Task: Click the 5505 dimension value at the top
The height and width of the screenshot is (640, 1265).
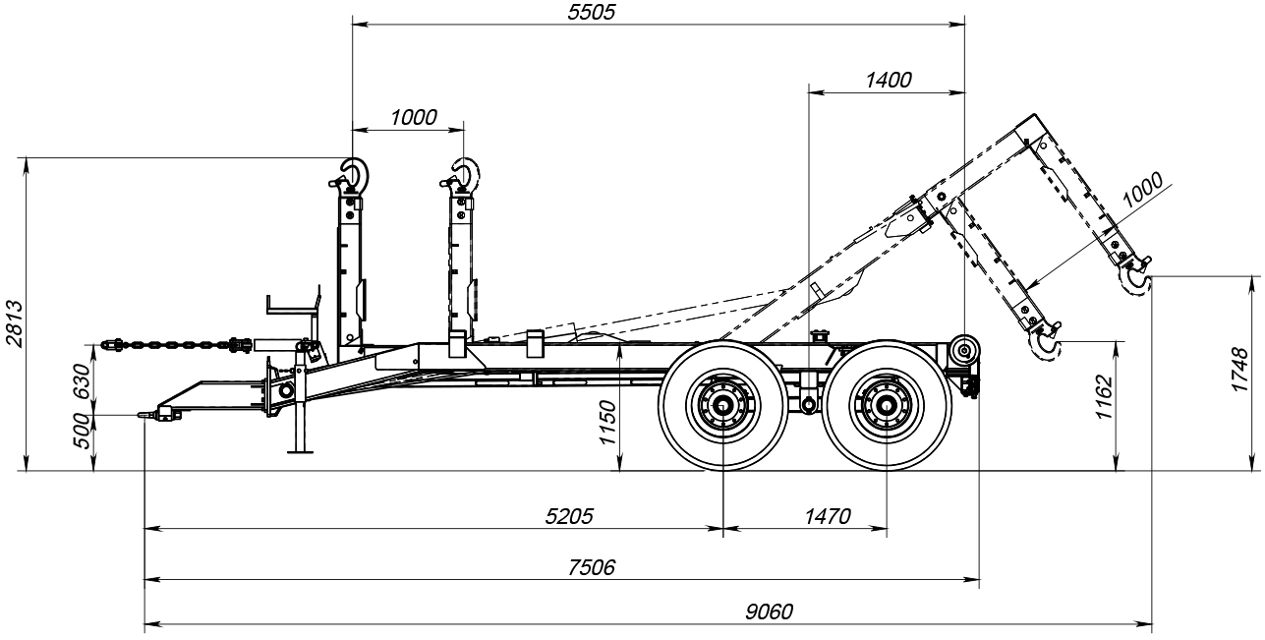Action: [591, 12]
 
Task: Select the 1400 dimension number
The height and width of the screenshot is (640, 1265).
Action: [888, 81]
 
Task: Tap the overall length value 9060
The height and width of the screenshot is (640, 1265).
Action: [769, 611]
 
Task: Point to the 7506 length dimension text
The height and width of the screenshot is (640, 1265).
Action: [591, 566]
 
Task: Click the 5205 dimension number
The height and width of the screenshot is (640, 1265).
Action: [569, 516]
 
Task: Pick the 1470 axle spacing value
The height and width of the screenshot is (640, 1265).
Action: [827, 516]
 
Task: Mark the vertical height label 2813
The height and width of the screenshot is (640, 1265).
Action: [14, 323]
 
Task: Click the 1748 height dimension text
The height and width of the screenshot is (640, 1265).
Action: [1239, 370]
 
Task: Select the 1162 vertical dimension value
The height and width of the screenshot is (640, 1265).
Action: [1104, 397]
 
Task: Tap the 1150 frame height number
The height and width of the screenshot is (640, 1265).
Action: [607, 422]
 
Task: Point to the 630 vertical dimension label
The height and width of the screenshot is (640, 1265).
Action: [82, 381]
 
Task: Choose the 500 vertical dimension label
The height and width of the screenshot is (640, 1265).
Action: [82, 431]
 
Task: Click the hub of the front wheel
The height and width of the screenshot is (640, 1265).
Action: [722, 405]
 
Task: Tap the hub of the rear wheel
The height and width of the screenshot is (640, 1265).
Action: [886, 405]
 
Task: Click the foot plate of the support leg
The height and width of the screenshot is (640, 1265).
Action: [300, 451]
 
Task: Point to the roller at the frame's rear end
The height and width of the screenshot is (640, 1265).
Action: [964, 351]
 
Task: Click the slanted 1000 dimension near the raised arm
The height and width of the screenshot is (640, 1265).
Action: [1142, 190]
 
